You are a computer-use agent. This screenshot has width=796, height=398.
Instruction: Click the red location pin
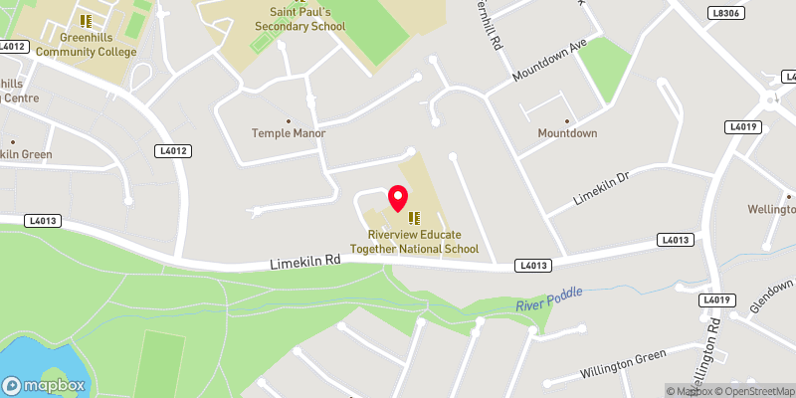pyautogui.click(x=399, y=198)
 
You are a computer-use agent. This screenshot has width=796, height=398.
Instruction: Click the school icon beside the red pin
pyautogui.click(x=414, y=217)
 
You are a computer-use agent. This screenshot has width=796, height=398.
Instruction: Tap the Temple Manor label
pyautogui.click(x=289, y=132)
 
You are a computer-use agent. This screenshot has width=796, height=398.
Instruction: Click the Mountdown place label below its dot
pyautogui.click(x=567, y=132)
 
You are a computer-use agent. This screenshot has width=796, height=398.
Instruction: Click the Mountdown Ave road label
pyautogui.click(x=551, y=62)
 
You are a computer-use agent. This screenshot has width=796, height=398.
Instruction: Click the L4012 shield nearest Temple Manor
pyautogui.click(x=173, y=150)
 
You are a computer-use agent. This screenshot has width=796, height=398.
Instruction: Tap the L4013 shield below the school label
pyautogui.click(x=533, y=266)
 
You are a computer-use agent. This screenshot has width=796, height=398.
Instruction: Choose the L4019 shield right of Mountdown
pyautogui.click(x=744, y=126)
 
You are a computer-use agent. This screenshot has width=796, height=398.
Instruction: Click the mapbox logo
pyautogui.click(x=45, y=385)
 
